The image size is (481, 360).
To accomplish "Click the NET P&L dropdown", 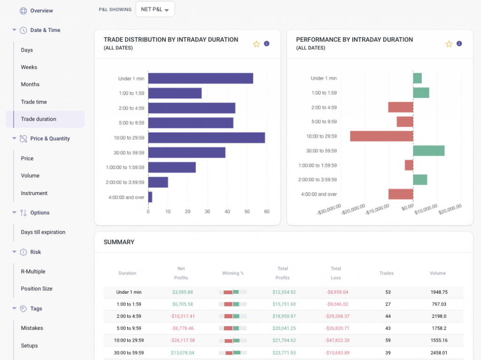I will [155, 9].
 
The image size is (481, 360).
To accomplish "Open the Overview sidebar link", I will [41, 10].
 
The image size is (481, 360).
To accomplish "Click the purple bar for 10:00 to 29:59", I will [206, 138].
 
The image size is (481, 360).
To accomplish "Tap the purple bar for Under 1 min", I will [201, 78].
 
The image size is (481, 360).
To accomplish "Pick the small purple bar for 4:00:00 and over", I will [150, 197].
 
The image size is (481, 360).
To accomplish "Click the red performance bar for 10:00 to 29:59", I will [381, 136].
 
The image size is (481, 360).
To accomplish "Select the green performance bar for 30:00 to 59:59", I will [428, 151].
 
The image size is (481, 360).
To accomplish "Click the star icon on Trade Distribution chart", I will [256, 44].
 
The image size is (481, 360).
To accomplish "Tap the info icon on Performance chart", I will [459, 44].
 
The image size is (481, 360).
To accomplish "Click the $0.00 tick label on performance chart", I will [407, 206].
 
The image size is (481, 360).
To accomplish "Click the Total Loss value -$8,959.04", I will [337, 292].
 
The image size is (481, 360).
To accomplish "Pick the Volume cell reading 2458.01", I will [439, 352].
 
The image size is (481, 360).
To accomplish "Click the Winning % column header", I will [233, 273].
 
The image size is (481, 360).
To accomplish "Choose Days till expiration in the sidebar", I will [43, 232].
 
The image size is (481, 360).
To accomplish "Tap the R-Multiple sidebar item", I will [33, 272].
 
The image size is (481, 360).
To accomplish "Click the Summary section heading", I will [119, 243].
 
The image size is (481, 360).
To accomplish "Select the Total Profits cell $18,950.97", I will [284, 316].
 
